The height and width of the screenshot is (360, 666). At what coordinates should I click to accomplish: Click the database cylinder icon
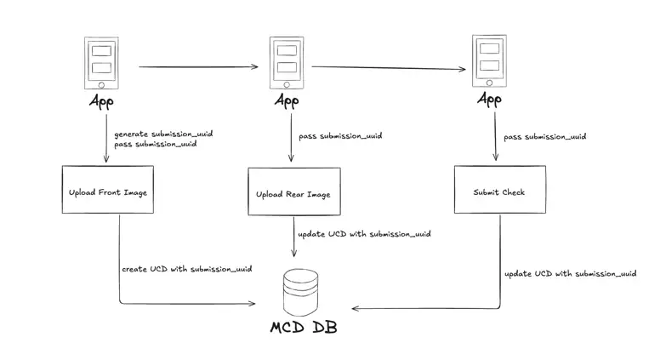300,292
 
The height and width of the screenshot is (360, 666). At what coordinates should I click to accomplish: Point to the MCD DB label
303,328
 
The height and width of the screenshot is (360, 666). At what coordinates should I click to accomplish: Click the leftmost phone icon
101,63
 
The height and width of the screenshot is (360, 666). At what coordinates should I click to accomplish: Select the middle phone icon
287,63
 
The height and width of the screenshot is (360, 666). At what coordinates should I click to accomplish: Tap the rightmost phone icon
489,61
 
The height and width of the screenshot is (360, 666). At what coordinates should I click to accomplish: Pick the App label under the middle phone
287,101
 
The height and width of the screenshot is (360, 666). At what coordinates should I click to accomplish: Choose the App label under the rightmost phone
489,100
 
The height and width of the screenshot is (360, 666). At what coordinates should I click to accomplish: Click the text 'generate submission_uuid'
163,134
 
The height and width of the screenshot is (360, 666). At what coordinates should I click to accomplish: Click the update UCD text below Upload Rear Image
363,234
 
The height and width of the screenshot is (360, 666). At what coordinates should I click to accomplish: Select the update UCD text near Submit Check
570,273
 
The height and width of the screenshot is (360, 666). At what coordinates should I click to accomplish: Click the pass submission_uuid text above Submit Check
544,136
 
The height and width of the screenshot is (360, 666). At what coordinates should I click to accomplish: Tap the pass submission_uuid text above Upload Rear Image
340,136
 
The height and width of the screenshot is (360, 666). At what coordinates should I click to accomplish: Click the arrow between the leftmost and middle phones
198,66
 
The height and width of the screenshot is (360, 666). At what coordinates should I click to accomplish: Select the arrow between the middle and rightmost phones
388,68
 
